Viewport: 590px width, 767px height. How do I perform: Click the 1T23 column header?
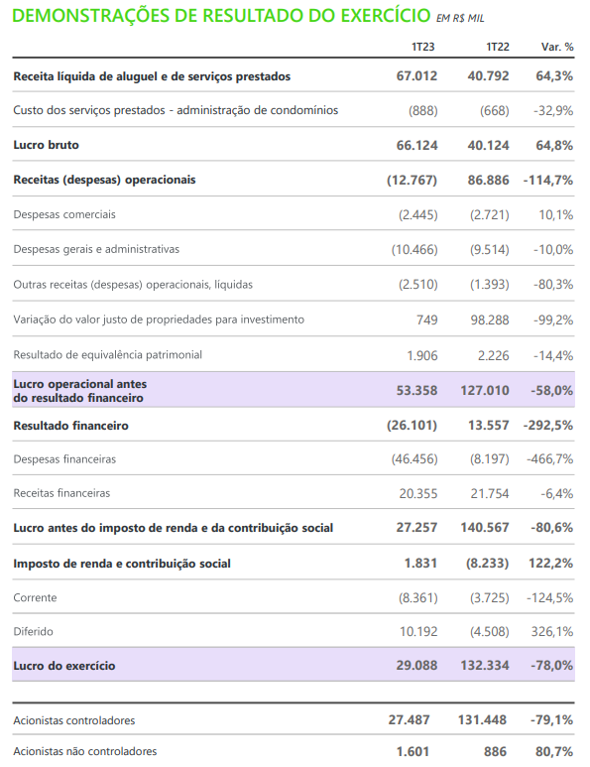422,47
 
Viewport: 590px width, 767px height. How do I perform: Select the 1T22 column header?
498,47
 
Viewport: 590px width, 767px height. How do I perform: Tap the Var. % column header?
557,47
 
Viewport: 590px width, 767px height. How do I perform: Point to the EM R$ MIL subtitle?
460,19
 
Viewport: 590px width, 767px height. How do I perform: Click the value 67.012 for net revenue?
416,76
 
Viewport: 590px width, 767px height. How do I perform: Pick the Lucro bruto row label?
46,145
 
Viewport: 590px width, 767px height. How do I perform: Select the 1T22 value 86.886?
488,180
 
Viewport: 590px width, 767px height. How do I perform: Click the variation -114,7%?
548,180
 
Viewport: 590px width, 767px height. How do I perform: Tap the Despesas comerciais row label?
64,214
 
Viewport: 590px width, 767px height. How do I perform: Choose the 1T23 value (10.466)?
414,249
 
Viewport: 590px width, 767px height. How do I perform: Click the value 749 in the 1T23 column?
427,320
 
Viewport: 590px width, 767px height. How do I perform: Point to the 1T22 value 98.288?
490,320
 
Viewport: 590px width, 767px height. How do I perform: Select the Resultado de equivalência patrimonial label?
107,354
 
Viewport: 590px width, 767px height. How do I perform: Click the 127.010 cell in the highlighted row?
485,390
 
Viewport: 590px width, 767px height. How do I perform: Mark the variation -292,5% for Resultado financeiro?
548,426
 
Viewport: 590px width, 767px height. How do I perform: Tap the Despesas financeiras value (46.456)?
414,459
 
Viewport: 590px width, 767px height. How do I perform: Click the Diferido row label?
34,631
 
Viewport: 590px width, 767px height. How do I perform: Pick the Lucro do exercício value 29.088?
416,665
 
